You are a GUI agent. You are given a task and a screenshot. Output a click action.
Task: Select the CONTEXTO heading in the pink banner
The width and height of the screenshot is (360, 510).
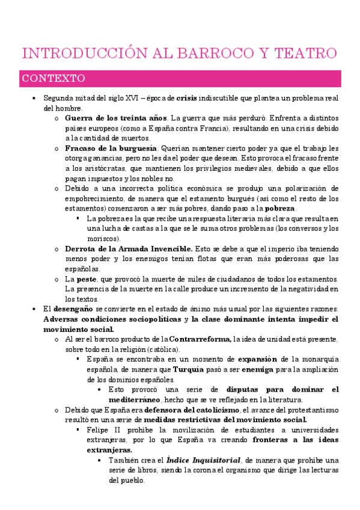pyautogui.click(x=53, y=79)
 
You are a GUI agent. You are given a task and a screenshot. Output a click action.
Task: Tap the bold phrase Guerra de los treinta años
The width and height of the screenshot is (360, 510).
pyautogui.click(x=114, y=118)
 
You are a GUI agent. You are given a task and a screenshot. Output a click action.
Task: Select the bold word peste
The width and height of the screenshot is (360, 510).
pyautogui.click(x=87, y=279)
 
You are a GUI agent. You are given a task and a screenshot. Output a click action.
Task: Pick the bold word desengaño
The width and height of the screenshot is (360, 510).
pyautogui.click(x=73, y=309)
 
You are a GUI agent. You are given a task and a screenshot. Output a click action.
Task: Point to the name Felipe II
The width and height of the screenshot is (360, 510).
pyautogui.click(x=103, y=431)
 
